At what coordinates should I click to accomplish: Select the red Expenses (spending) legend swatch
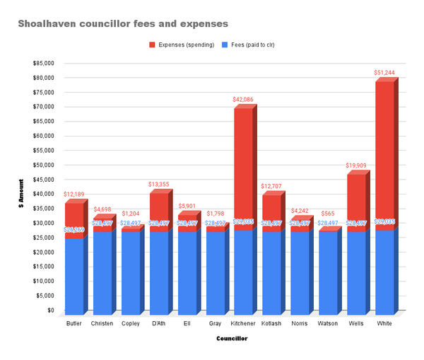(152, 45)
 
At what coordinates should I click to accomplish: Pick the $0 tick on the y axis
(51, 310)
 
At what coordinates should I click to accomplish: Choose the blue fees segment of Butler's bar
(74, 276)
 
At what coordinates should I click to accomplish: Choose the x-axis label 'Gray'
(216, 323)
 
